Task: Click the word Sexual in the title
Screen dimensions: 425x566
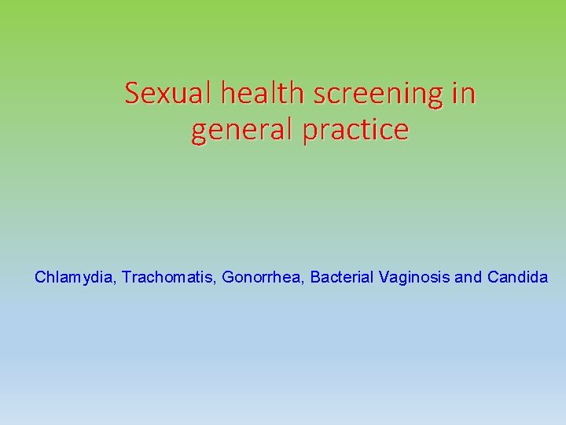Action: pyautogui.click(x=169, y=94)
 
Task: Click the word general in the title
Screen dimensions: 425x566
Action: pyautogui.click(x=242, y=131)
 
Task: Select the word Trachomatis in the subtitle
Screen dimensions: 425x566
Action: pyautogui.click(x=167, y=277)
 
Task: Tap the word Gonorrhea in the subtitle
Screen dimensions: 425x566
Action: pyautogui.click(x=263, y=277)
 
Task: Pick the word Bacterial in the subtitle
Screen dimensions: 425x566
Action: pyautogui.click(x=342, y=277)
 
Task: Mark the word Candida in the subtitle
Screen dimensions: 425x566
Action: pyautogui.click(x=517, y=277)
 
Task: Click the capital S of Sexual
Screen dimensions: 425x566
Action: pyautogui.click(x=132, y=94)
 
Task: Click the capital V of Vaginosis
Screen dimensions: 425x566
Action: pyautogui.click(x=383, y=277)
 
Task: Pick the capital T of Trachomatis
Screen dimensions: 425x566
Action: pyautogui.click(x=126, y=277)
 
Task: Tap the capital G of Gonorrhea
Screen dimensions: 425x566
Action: pyautogui.click(x=228, y=277)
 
